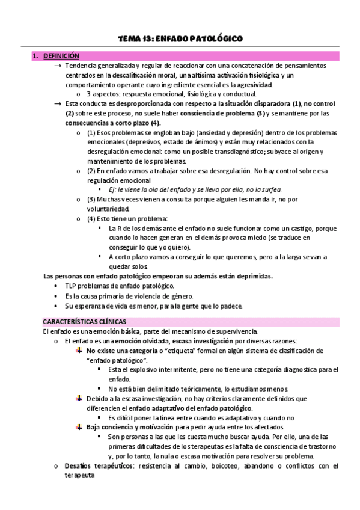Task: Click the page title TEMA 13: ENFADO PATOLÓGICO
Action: [180, 39]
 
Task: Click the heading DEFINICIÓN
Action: [60, 56]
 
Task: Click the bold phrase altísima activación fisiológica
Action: [236, 75]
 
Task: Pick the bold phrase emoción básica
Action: [115, 331]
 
